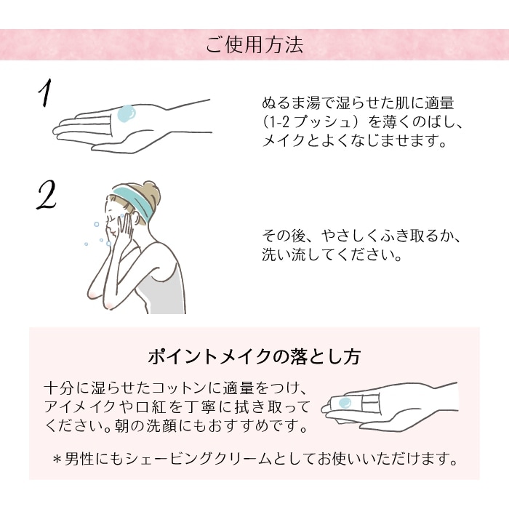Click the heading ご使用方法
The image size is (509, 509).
pos(254,46)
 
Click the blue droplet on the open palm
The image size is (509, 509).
pos(127,113)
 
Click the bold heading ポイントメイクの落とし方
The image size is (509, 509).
pos(254,358)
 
